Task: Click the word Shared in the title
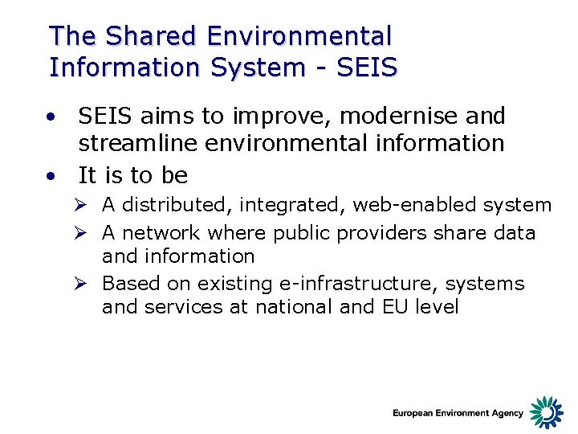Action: coord(152,36)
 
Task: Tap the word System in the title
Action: coord(253,67)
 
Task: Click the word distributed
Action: coord(174,206)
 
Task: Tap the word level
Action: coord(434,306)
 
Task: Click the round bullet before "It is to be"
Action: coord(52,174)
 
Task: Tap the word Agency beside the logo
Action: coord(506,414)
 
